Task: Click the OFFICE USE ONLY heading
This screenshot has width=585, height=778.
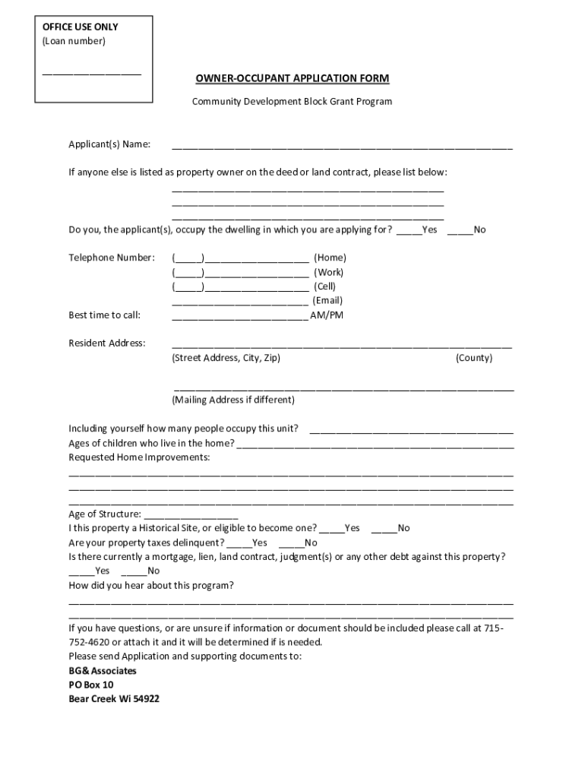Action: (x=80, y=27)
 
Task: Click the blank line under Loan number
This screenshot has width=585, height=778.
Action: (x=91, y=74)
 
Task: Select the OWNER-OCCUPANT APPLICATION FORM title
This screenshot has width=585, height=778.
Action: (x=292, y=79)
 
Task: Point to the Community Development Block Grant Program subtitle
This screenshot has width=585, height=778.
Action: (x=292, y=101)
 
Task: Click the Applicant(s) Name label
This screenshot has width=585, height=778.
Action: (x=109, y=144)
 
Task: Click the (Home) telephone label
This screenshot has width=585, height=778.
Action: (x=330, y=258)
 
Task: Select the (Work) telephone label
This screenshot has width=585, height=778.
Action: (x=329, y=273)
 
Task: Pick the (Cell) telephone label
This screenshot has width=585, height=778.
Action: (x=324, y=286)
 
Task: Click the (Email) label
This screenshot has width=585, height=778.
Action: (x=327, y=301)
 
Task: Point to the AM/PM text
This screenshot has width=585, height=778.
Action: (x=327, y=315)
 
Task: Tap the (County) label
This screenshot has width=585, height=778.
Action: (x=474, y=358)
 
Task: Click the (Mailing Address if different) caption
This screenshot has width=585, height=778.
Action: (x=233, y=400)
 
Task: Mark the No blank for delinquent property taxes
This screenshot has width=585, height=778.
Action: (x=291, y=543)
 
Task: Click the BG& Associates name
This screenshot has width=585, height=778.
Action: (x=103, y=671)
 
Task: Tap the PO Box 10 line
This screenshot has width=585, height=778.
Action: (x=90, y=685)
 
